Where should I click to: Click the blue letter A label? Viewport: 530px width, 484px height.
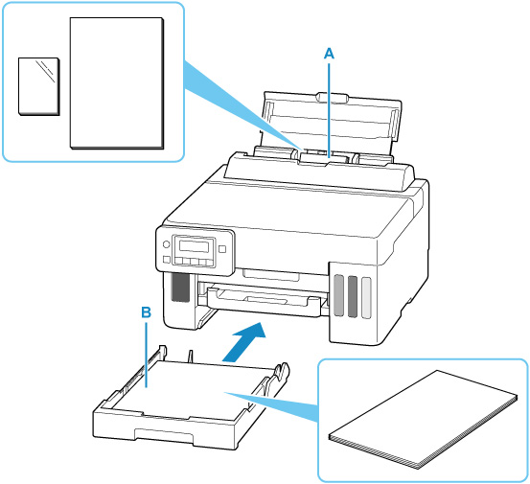point(329,54)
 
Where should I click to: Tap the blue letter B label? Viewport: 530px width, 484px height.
point(146,312)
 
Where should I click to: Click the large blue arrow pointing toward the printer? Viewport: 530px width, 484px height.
point(244,342)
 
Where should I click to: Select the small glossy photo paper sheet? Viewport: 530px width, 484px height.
point(39,86)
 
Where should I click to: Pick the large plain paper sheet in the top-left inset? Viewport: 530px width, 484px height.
point(117,83)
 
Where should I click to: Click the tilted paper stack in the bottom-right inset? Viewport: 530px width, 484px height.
point(424,420)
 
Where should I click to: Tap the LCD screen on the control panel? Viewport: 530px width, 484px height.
point(194,246)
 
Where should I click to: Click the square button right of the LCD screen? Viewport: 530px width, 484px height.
point(222,249)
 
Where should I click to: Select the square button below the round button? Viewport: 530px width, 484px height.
point(167,260)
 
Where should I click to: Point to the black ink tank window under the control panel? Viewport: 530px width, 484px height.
point(180,287)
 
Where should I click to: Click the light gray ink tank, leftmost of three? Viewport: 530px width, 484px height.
point(338,296)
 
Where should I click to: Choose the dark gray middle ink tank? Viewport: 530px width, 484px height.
point(352,297)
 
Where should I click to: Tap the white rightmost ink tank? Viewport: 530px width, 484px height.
point(366,298)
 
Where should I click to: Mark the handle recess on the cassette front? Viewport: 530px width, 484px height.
point(164,435)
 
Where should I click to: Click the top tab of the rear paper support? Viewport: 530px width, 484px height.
point(333,98)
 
